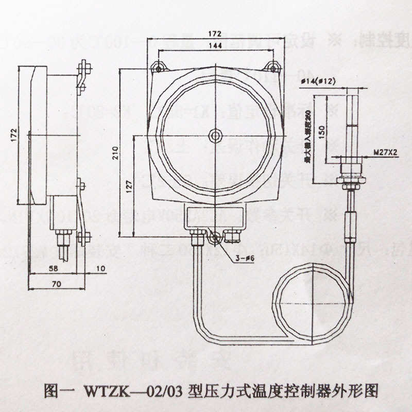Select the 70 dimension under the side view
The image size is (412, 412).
coord(56,283)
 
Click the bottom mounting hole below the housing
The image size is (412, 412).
coord(215,237)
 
